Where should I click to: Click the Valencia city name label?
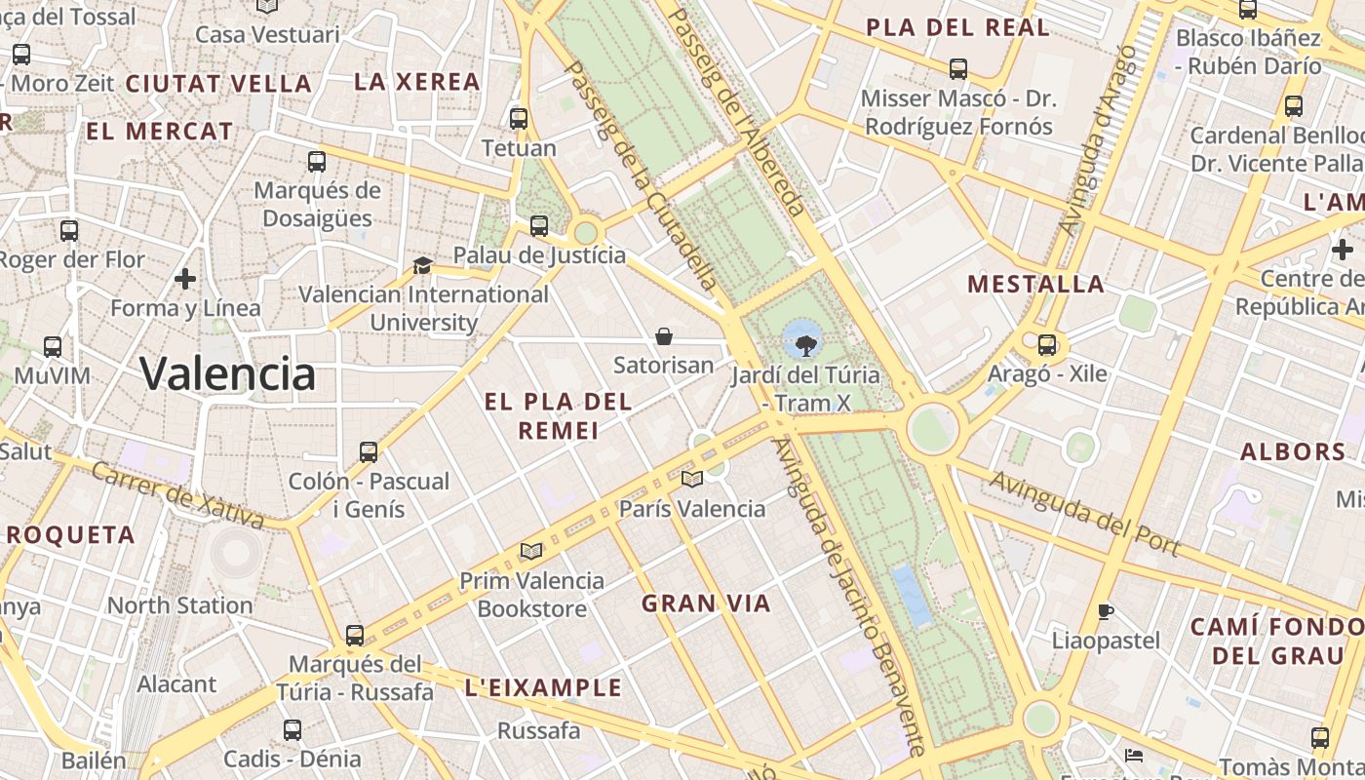pos(227,373)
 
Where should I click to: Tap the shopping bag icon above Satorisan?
pos(664,337)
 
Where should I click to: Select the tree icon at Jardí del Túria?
pos(805,343)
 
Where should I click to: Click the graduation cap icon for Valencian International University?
pos(422,265)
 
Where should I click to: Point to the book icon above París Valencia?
pos(692,479)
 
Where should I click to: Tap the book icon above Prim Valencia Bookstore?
pos(531,551)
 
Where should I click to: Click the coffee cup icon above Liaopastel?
pos(1106,611)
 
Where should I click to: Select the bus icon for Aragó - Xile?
pos(1047,344)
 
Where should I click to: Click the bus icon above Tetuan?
pos(519,119)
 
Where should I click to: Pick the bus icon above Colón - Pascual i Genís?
pos(369,451)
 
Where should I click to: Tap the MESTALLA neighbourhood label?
pos(1035,284)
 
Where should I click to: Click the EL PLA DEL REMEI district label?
pos(559,415)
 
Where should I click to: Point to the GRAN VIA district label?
pos(706,604)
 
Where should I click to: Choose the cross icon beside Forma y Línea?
pos(185,280)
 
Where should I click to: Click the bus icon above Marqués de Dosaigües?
pos(317,161)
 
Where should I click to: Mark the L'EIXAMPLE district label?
pos(543,687)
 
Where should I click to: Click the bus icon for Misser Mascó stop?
pos(958,68)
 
